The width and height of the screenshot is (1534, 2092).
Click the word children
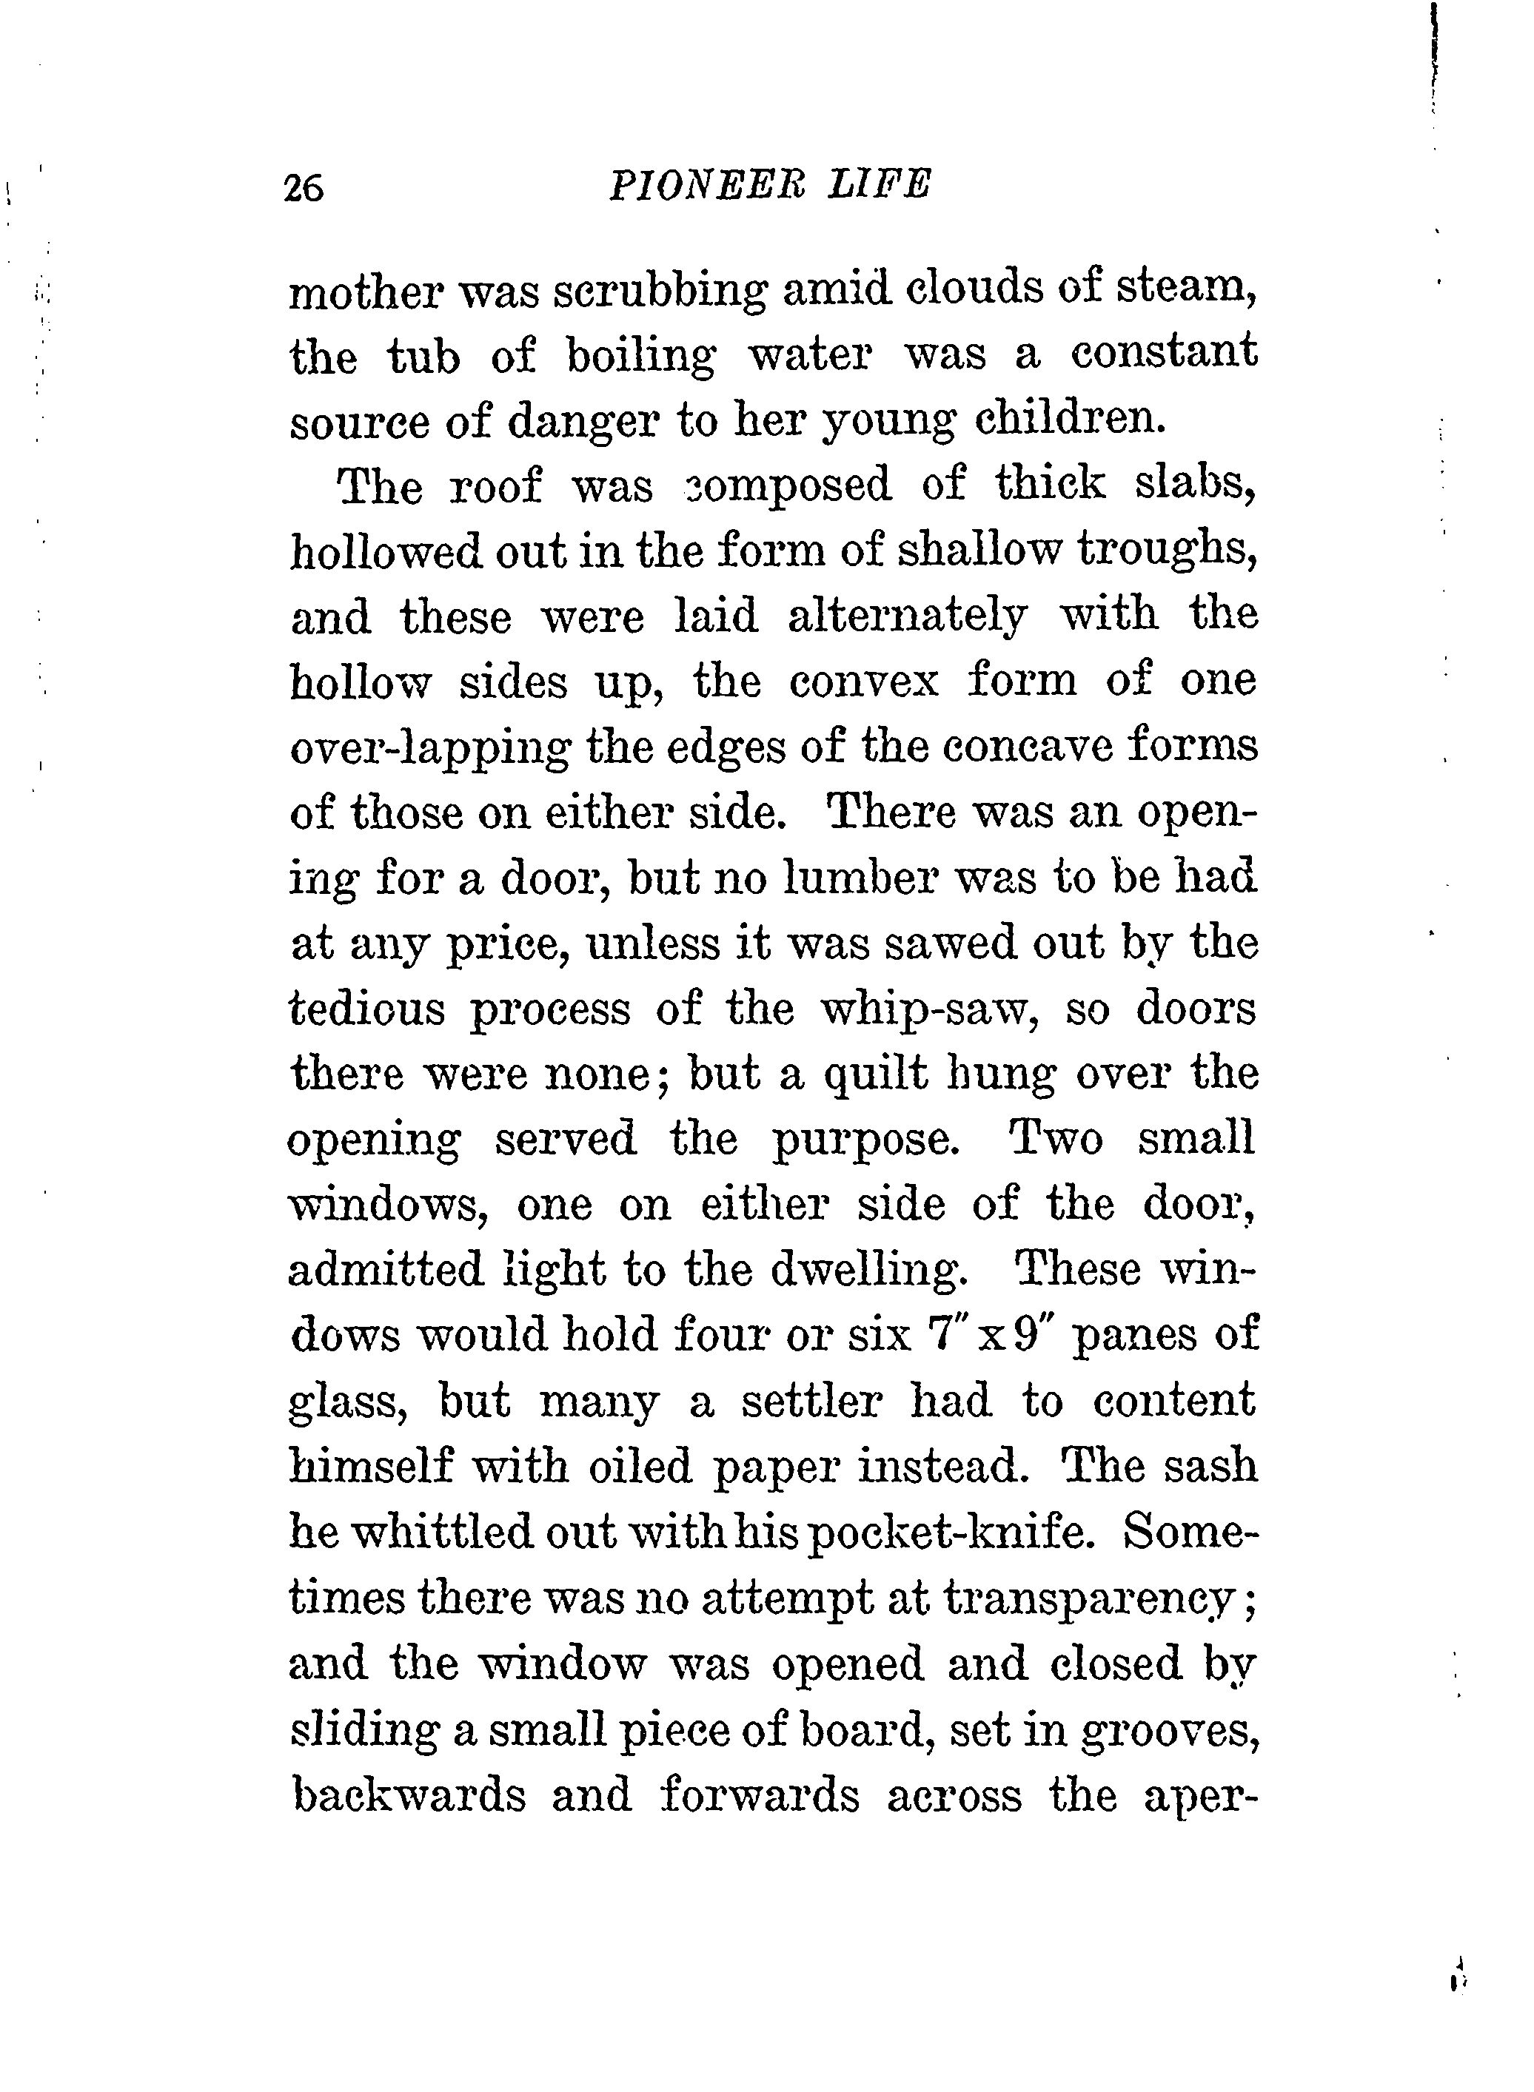click(x=1070, y=420)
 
